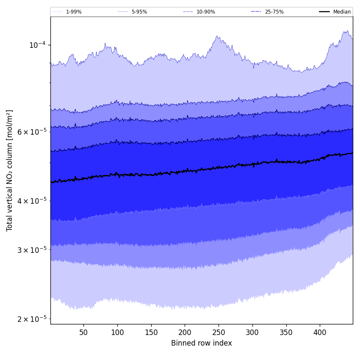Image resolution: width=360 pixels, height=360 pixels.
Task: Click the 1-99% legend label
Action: coord(74,12)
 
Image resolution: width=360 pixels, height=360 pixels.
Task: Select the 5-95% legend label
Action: coord(139,12)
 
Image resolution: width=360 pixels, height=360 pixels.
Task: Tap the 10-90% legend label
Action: coord(205,12)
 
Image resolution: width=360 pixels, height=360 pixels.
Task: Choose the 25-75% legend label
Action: coord(274,12)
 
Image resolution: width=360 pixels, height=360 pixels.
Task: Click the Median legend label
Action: coord(342,12)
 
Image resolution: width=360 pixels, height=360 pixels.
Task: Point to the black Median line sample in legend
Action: coord(325,12)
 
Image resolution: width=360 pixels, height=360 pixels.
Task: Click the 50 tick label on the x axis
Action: coord(83,332)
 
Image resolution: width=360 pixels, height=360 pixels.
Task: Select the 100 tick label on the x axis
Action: coord(117,332)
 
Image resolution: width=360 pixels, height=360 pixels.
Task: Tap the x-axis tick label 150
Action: coord(151,332)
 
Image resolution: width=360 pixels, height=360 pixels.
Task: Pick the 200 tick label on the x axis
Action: coord(185,332)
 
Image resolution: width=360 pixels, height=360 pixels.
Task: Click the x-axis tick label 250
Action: coord(219,332)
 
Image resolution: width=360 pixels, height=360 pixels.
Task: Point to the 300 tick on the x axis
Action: coord(252,332)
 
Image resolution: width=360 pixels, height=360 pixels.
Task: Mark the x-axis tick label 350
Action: coord(286,332)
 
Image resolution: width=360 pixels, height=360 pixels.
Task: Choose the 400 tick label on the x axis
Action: coord(320,332)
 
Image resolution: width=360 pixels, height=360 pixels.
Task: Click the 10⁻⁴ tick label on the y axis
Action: coord(37,45)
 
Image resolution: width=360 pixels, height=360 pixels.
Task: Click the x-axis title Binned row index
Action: coord(202,343)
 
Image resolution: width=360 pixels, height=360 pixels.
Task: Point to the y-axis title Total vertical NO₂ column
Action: coord(9,170)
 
